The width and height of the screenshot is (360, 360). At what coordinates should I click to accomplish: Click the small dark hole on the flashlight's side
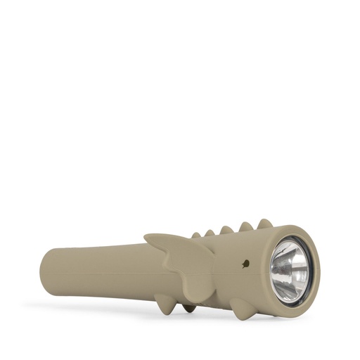244,265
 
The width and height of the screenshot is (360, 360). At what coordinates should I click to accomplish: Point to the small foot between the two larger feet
190,307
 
